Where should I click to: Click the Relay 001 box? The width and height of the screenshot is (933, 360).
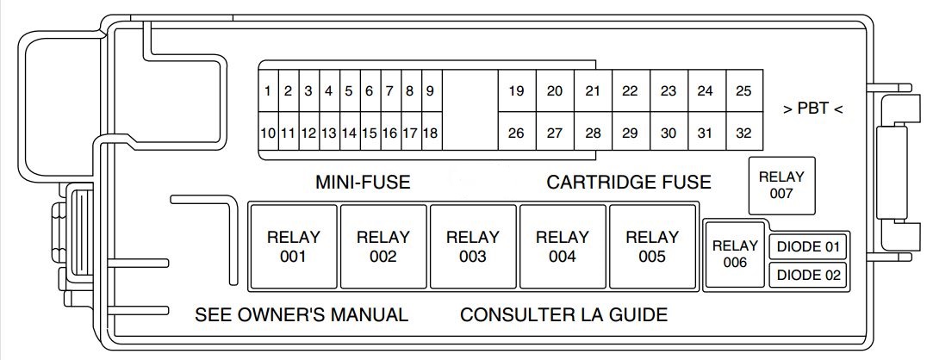pos(294,245)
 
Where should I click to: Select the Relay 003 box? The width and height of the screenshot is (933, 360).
pos(473,245)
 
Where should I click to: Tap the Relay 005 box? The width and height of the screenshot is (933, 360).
pos(652,245)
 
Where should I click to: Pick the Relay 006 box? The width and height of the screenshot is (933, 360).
pos(735,254)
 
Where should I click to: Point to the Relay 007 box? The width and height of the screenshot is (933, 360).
pos(781,185)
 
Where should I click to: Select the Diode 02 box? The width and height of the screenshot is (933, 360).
pos(808,276)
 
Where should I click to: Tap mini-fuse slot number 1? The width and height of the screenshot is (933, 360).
pos(269,91)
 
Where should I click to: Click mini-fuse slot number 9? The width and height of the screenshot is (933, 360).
pos(429,91)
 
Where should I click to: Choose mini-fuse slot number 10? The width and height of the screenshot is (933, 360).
pos(268,133)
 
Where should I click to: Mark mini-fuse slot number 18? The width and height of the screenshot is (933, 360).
pos(429,133)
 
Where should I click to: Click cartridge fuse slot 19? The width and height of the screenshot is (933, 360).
pos(517,91)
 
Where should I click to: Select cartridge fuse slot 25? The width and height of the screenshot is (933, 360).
pos(743,91)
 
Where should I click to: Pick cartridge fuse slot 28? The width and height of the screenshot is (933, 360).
pos(593,133)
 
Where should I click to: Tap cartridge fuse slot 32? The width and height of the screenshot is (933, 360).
pos(743,133)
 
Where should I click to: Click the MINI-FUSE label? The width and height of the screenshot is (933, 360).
pos(363,183)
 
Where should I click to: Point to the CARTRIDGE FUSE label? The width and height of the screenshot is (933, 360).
pos(629,183)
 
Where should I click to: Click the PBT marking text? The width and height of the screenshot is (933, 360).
pos(812,109)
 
